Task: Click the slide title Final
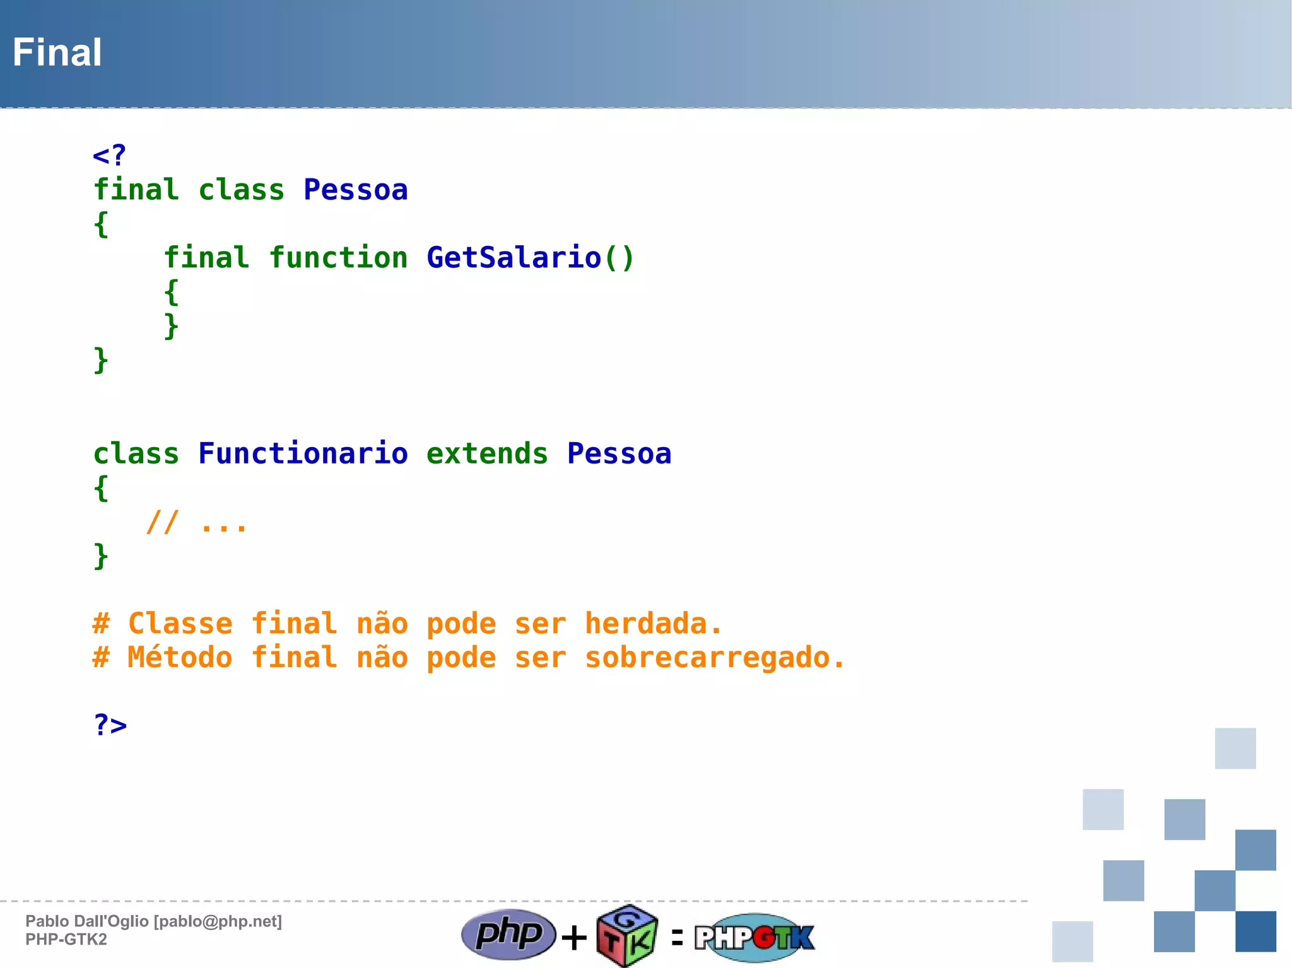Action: coord(57,52)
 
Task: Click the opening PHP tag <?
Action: coord(109,155)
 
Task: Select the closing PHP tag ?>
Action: coord(110,725)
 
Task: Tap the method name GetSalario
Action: coord(514,258)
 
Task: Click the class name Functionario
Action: coord(303,454)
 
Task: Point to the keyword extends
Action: coord(487,454)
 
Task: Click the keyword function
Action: coord(338,258)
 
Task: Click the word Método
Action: coord(180,658)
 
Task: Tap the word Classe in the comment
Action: coord(180,624)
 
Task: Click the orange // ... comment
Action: coord(196,523)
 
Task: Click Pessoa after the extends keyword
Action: coord(619,454)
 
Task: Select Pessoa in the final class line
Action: coord(356,190)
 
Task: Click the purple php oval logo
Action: coord(508,934)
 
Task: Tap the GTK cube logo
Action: coord(627,936)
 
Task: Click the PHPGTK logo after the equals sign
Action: coord(755,937)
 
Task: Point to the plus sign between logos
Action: coord(574,937)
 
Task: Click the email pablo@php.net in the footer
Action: coord(218,921)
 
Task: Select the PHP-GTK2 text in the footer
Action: coord(66,940)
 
